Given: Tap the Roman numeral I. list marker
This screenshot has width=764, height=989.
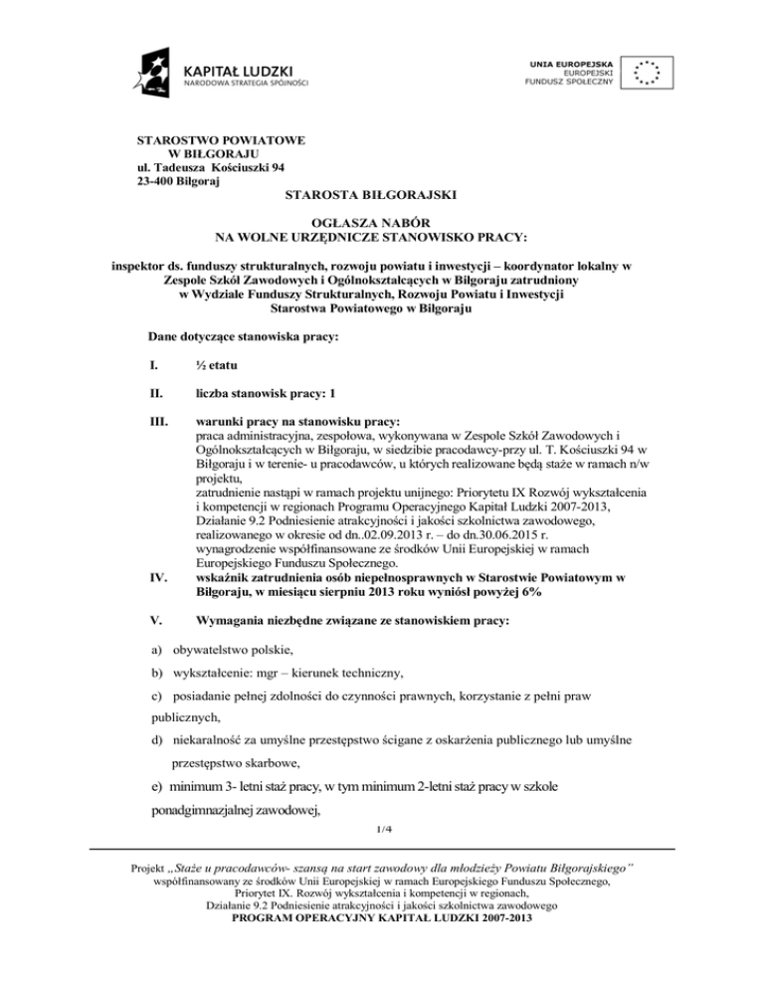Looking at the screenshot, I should tap(151, 366).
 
